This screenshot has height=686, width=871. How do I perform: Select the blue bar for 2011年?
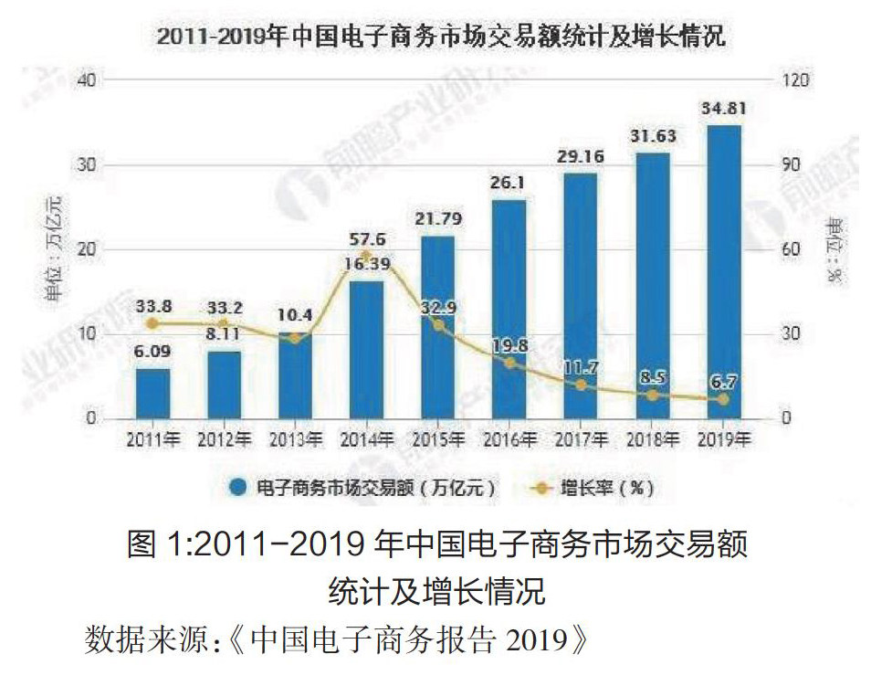(153, 394)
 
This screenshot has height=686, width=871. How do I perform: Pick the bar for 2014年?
(367, 350)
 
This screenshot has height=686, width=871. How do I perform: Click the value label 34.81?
(723, 111)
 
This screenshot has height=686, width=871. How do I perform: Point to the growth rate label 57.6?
(367, 240)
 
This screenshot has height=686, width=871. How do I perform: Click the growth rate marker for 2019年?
(723, 399)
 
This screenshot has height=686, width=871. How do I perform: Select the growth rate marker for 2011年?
(153, 323)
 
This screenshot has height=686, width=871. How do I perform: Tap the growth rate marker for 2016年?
(509, 363)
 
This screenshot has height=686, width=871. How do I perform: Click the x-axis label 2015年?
(438, 439)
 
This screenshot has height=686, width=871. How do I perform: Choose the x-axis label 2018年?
(652, 439)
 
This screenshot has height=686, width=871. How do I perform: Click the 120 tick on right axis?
(796, 80)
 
